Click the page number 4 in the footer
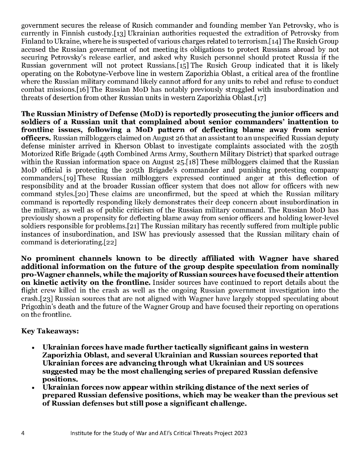[x=23, y=433]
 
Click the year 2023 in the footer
[x=240, y=433]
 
